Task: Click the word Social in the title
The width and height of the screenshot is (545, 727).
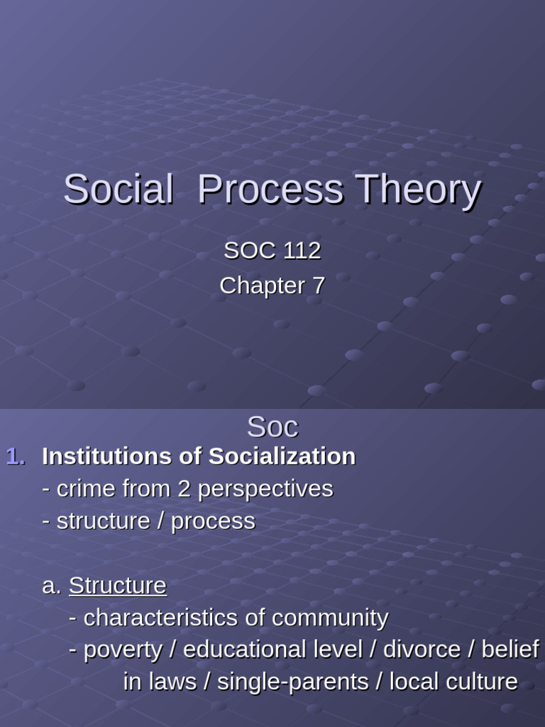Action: [x=118, y=190]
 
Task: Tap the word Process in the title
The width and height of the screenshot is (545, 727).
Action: [x=270, y=190]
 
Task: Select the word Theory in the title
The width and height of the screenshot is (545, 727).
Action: [x=419, y=190]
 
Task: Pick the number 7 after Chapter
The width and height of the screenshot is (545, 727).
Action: [x=319, y=285]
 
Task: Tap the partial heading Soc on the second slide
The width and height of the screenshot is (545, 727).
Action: [x=272, y=427]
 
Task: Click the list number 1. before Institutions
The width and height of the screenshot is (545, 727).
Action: [x=16, y=457]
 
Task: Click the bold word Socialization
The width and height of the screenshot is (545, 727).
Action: [x=282, y=457]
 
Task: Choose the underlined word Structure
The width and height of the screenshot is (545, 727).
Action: [x=118, y=586]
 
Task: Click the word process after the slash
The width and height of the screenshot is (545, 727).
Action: [x=213, y=522]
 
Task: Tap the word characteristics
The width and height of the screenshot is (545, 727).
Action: [x=161, y=618]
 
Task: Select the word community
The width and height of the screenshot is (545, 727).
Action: [x=330, y=618]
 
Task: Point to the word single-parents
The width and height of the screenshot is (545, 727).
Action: [x=292, y=682]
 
